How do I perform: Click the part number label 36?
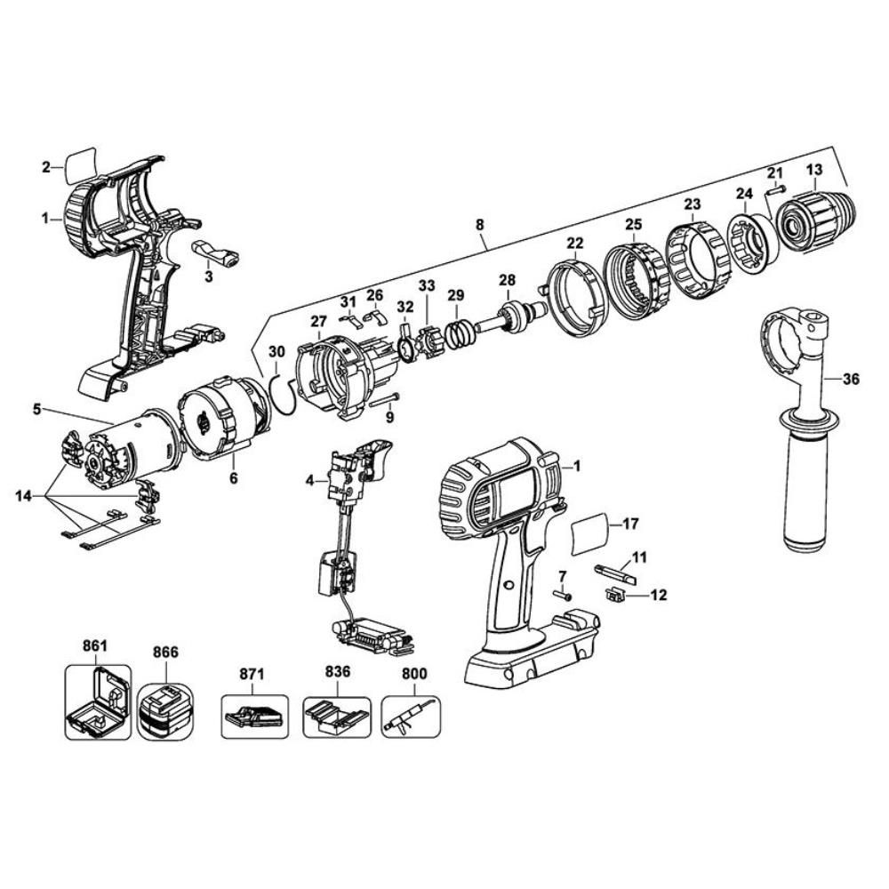tap(851, 379)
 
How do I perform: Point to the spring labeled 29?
tap(459, 334)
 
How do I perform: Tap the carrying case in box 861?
tap(98, 702)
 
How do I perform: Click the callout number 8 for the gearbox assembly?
tap(480, 228)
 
